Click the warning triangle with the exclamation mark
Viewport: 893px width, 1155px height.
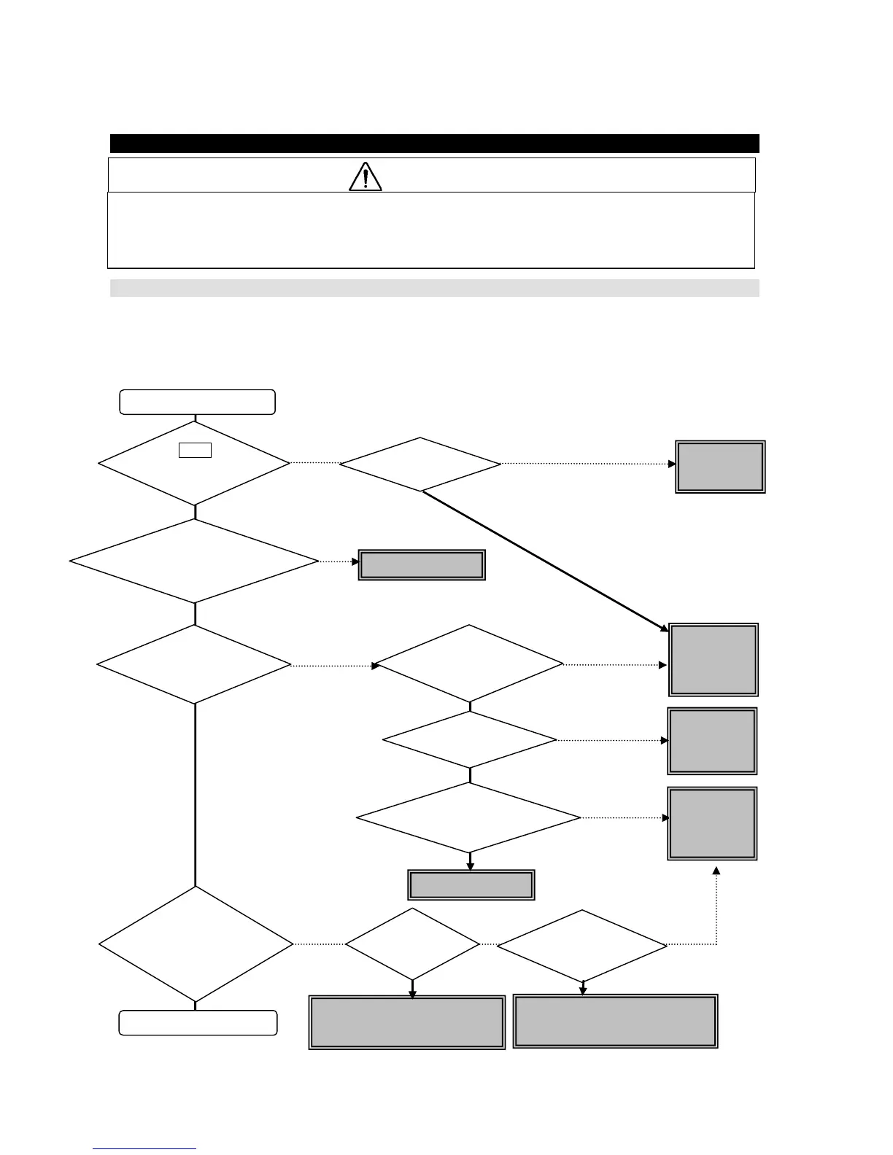pyautogui.click(x=366, y=176)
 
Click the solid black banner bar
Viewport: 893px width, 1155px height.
pyautogui.click(x=434, y=144)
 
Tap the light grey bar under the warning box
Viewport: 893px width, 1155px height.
pyautogui.click(x=434, y=288)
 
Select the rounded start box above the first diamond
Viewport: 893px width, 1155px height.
pyautogui.click(x=197, y=402)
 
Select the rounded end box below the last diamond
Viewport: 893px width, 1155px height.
pyautogui.click(x=198, y=1022)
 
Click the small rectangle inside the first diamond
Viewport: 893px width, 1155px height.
pyautogui.click(x=195, y=450)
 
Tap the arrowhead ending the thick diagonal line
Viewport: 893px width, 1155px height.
pyautogui.click(x=663, y=628)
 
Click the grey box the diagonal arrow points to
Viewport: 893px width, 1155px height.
pyautogui.click(x=714, y=659)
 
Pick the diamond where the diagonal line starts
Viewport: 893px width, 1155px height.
pyautogui.click(x=420, y=464)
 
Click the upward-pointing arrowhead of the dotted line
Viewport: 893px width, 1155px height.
pyautogui.click(x=716, y=871)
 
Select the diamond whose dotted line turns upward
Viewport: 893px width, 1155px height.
pyautogui.click(x=582, y=945)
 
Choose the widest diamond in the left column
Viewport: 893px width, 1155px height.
pyautogui.click(x=194, y=561)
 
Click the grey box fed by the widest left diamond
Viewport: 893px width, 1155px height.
pyautogui.click(x=422, y=565)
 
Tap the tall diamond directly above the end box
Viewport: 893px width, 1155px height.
pyautogui.click(x=196, y=944)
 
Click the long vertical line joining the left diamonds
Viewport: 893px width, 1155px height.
pyautogui.click(x=196, y=795)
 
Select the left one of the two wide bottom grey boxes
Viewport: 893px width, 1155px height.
pyautogui.click(x=407, y=1022)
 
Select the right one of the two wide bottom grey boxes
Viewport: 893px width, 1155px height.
pyautogui.click(x=615, y=1021)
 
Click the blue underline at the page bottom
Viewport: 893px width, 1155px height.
pyautogui.click(x=144, y=1149)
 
